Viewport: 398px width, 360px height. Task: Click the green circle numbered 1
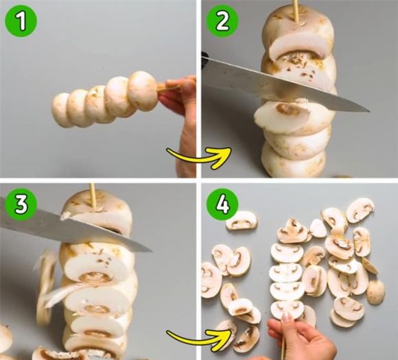click(21, 21)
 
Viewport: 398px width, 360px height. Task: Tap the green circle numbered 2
click(222, 21)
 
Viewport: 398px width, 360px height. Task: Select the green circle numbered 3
click(21, 204)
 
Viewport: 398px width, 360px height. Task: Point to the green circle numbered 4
click(222, 204)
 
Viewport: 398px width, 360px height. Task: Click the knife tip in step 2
click(369, 111)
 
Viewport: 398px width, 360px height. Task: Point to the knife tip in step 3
click(152, 251)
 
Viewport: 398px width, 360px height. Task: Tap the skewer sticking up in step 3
click(93, 197)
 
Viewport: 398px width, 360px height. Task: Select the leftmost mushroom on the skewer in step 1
click(60, 110)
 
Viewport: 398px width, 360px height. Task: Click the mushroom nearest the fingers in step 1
click(142, 91)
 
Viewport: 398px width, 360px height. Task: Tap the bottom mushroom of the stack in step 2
click(293, 160)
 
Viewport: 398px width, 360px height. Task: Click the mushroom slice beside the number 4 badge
click(241, 221)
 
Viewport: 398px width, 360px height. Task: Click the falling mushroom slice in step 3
click(46, 287)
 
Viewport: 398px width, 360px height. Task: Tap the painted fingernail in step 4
click(287, 316)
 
